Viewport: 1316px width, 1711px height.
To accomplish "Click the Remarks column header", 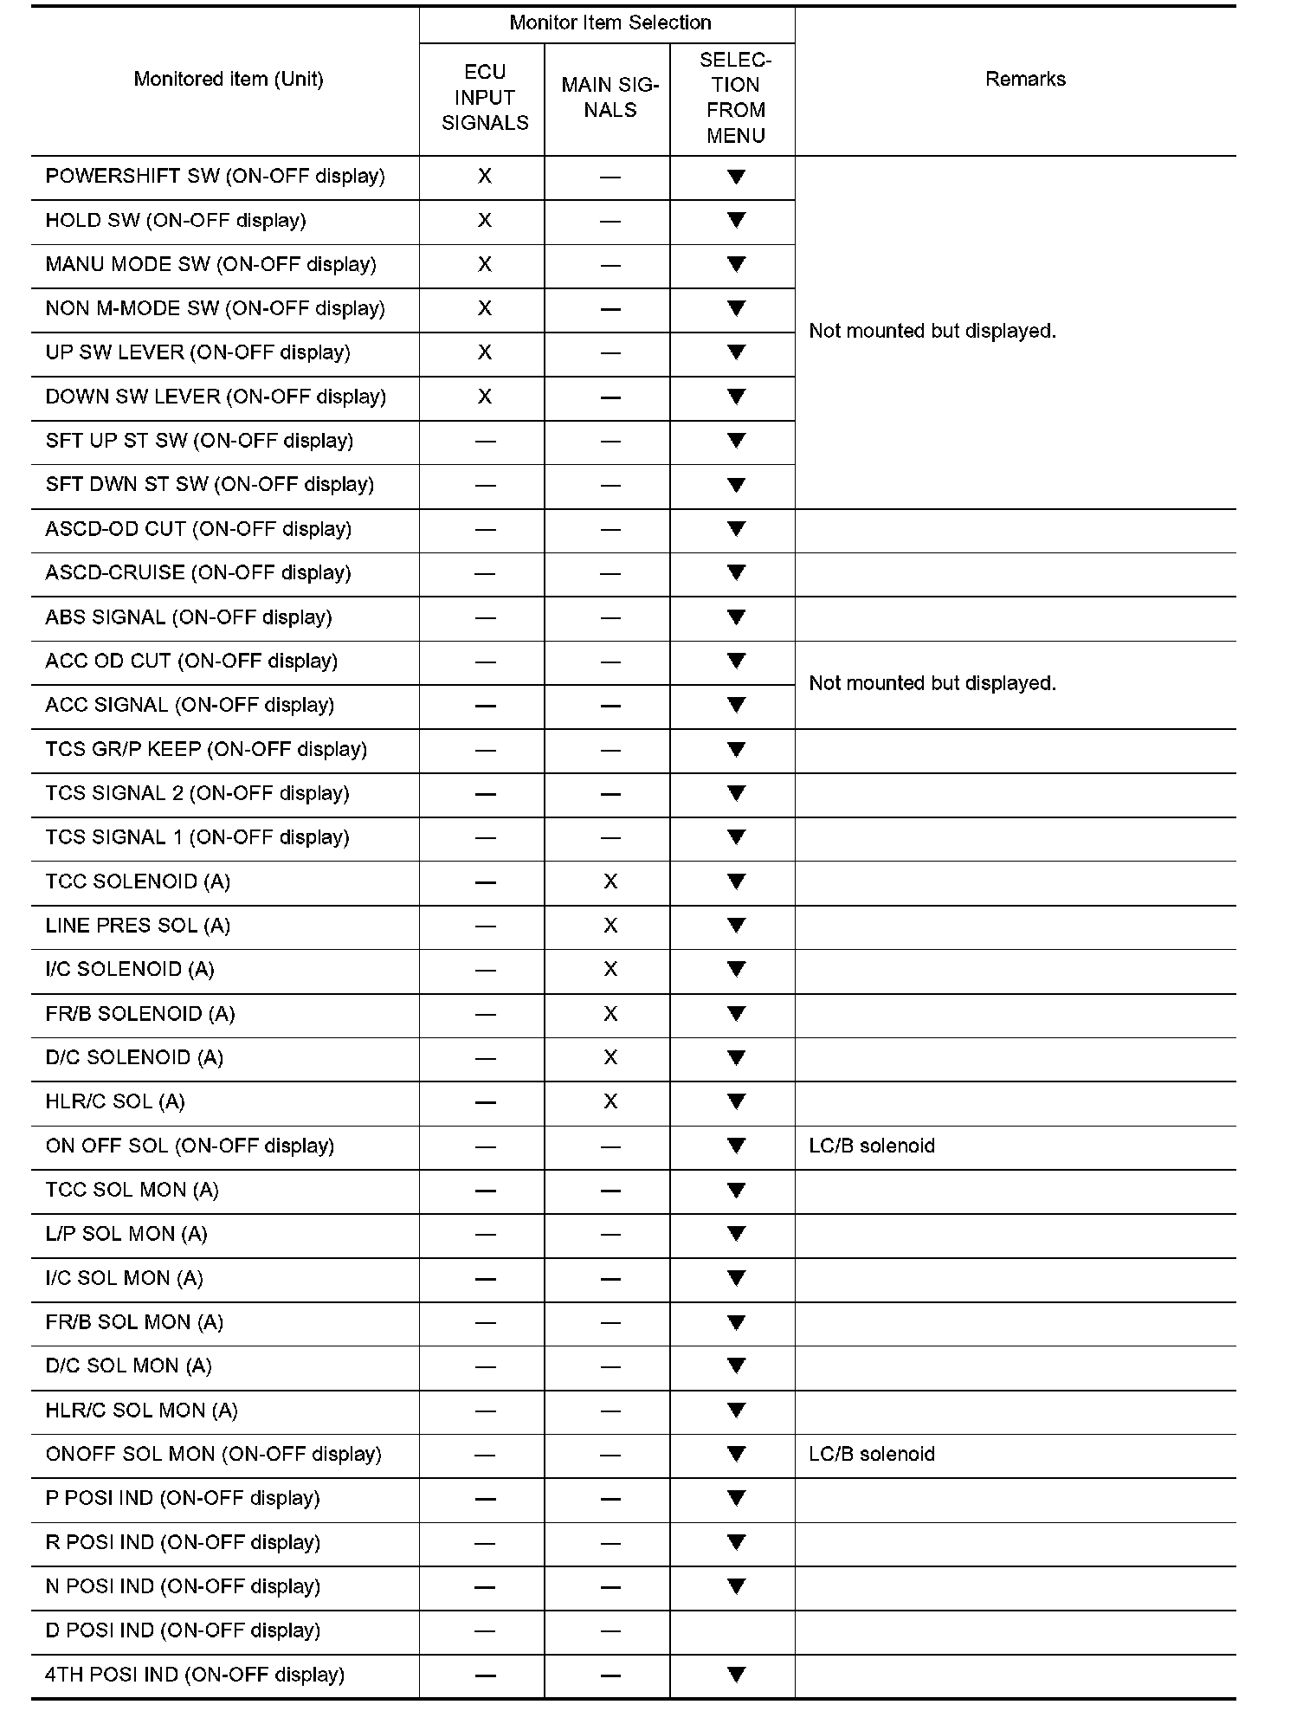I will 1025,80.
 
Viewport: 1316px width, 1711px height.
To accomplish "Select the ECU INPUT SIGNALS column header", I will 485,97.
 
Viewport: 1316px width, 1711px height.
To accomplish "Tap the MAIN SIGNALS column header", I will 610,97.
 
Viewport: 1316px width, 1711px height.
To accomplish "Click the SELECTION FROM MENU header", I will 735,97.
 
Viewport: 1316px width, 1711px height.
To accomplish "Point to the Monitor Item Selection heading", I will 610,23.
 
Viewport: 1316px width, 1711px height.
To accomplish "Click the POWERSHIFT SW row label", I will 215,177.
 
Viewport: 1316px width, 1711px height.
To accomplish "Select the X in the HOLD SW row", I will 485,221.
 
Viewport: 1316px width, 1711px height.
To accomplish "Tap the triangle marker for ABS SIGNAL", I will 736,617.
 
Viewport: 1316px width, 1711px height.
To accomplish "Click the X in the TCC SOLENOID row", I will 610,881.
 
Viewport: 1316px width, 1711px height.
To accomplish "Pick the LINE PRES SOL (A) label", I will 138,926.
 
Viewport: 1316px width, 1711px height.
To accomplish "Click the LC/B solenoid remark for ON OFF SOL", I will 872,1146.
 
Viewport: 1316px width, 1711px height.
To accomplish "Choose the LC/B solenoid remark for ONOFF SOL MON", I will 872,1454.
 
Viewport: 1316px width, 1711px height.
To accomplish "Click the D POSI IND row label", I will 183,1630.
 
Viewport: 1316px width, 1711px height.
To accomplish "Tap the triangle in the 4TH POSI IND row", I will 736,1675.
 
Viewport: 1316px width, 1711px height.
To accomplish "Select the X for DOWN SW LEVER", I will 485,397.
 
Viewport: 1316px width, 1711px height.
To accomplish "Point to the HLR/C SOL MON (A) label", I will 141,1411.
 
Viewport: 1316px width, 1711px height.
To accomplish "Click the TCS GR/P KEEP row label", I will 206,749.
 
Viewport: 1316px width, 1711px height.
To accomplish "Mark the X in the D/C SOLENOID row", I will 610,1057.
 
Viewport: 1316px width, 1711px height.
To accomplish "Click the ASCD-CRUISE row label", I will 198,573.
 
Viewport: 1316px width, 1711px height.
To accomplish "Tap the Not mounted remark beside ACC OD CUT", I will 932,683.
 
